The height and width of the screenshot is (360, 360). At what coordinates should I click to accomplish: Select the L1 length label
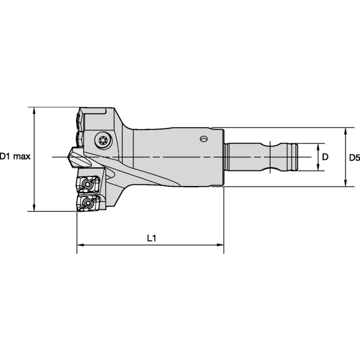point(152,238)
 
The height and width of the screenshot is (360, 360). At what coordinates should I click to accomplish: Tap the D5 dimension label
point(354,158)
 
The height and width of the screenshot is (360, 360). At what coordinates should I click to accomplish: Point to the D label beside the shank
point(325,157)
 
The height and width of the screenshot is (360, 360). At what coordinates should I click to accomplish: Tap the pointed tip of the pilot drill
point(68,157)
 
